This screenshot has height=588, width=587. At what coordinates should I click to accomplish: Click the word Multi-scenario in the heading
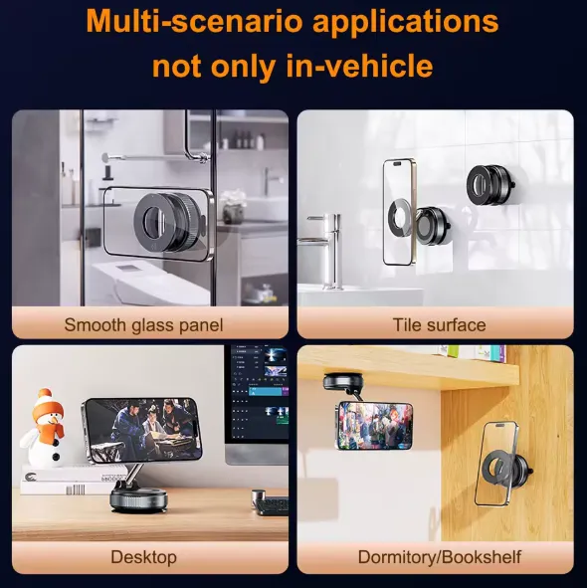pos(194,21)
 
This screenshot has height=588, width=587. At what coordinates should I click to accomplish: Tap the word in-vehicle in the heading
pos(359,66)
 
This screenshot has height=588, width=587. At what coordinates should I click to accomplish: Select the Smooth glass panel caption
pos(143,325)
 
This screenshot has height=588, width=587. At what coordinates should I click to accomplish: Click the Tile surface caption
pos(439,324)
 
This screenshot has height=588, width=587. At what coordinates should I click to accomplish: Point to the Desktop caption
pos(143,557)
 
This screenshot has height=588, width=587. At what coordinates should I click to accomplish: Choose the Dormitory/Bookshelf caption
pos(439,557)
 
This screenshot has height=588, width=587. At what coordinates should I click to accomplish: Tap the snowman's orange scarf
pos(52,429)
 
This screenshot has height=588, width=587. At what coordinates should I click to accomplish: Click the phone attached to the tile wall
pos(399,212)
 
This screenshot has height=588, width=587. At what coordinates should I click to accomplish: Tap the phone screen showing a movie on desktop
pos(142,430)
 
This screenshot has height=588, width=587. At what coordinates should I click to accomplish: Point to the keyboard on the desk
pos(272,504)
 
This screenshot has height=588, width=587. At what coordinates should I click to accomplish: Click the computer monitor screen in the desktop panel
pos(257,393)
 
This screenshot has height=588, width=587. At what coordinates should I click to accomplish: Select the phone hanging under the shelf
pos(373,426)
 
